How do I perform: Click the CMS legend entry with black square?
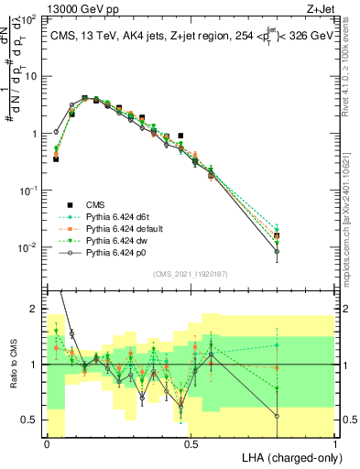[x=97, y=203]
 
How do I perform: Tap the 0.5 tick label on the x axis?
[x=191, y=442]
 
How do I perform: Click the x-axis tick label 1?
[x=335, y=442]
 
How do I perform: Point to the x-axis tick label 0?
[x=47, y=442]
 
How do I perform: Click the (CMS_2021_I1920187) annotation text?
[x=191, y=273]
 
